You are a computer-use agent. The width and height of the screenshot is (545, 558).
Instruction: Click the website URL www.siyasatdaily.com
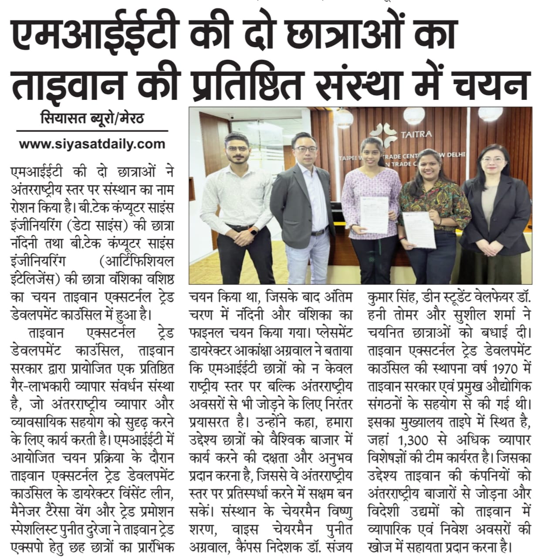(x=92, y=144)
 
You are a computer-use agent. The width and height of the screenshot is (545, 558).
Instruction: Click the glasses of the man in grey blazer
(x=305, y=149)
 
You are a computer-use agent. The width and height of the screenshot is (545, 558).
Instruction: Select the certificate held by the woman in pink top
(x=374, y=214)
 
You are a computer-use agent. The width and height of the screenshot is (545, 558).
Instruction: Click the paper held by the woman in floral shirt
(x=419, y=230)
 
